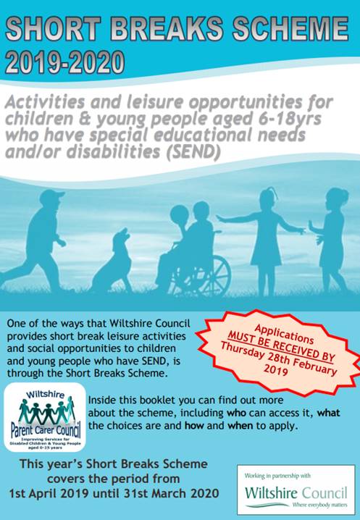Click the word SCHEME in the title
click(x=290, y=28)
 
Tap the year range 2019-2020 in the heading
click(x=65, y=62)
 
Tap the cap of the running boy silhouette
click(x=51, y=196)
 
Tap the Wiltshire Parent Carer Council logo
click(x=45, y=417)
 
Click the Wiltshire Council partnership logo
click(x=296, y=490)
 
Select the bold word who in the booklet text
click(x=236, y=413)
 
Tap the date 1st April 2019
click(x=49, y=493)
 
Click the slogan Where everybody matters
click(x=319, y=505)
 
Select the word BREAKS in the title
click(x=168, y=28)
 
